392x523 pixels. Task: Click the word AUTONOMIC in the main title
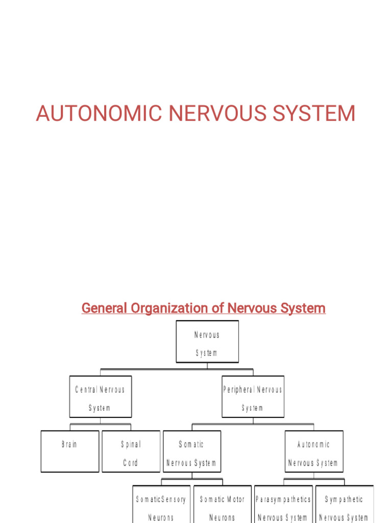pos(99,113)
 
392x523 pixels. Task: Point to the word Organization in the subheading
pos(177,308)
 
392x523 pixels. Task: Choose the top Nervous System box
pos(207,342)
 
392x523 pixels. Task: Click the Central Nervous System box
pos(101,397)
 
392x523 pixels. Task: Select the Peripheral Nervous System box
pos(253,397)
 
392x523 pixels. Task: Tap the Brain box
pos(69,451)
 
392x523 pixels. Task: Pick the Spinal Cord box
pos(131,451)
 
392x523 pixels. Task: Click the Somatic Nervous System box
pos(192,451)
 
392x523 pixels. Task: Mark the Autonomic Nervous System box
pos(313,451)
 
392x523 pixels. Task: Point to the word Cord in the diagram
pos(131,463)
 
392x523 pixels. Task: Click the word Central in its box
pos(86,390)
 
